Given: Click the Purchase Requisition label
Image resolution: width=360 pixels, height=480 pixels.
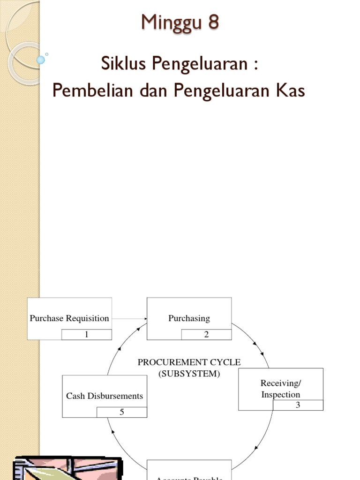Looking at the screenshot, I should pyautogui.click(x=69, y=318).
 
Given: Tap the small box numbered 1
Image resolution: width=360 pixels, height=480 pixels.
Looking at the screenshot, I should pyautogui.click(x=86, y=335).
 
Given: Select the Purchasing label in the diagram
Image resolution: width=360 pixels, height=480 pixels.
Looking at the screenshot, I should pyautogui.click(x=189, y=318).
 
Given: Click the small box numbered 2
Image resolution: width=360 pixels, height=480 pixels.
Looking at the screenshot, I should pyautogui.click(x=206, y=335).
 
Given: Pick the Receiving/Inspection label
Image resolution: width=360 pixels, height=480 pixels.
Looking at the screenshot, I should pyautogui.click(x=280, y=389).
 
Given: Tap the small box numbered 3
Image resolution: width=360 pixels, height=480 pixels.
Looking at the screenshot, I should pyautogui.click(x=298, y=405).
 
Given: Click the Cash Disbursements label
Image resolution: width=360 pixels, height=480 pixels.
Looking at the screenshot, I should pyautogui.click(x=105, y=396).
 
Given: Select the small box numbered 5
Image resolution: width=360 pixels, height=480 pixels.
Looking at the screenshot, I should pyautogui.click(x=122, y=412).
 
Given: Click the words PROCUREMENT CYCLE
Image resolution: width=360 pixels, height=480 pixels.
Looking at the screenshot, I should pyautogui.click(x=189, y=362).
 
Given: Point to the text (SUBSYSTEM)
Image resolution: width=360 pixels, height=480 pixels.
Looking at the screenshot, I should pyautogui.click(x=189, y=374).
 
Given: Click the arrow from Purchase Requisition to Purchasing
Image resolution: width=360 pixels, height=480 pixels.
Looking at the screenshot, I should pyautogui.click(x=129, y=319).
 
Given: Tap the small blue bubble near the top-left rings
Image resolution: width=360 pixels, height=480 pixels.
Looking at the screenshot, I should pyautogui.click(x=41, y=60).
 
